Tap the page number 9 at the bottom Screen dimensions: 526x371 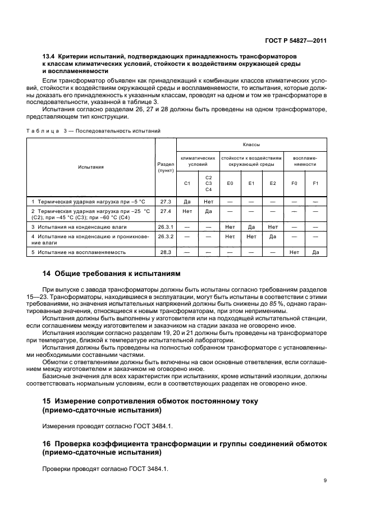click(326, 480)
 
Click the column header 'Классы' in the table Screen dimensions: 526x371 click(251, 144)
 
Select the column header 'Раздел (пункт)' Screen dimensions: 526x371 click(166, 166)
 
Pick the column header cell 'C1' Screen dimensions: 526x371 click(187, 183)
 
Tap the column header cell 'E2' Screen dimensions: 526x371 click(273, 183)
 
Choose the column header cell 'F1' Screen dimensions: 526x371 click(315, 183)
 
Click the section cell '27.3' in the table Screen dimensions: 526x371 click(166, 201)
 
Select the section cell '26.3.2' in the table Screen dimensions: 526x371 click(166, 237)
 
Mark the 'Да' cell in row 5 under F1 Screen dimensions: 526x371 click(315, 253)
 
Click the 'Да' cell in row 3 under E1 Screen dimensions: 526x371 click(251, 226)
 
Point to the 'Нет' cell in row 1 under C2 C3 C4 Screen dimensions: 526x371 click(208, 201)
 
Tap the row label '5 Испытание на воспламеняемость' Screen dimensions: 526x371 click(78, 253)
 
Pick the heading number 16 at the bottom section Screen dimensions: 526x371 click(47, 444)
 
